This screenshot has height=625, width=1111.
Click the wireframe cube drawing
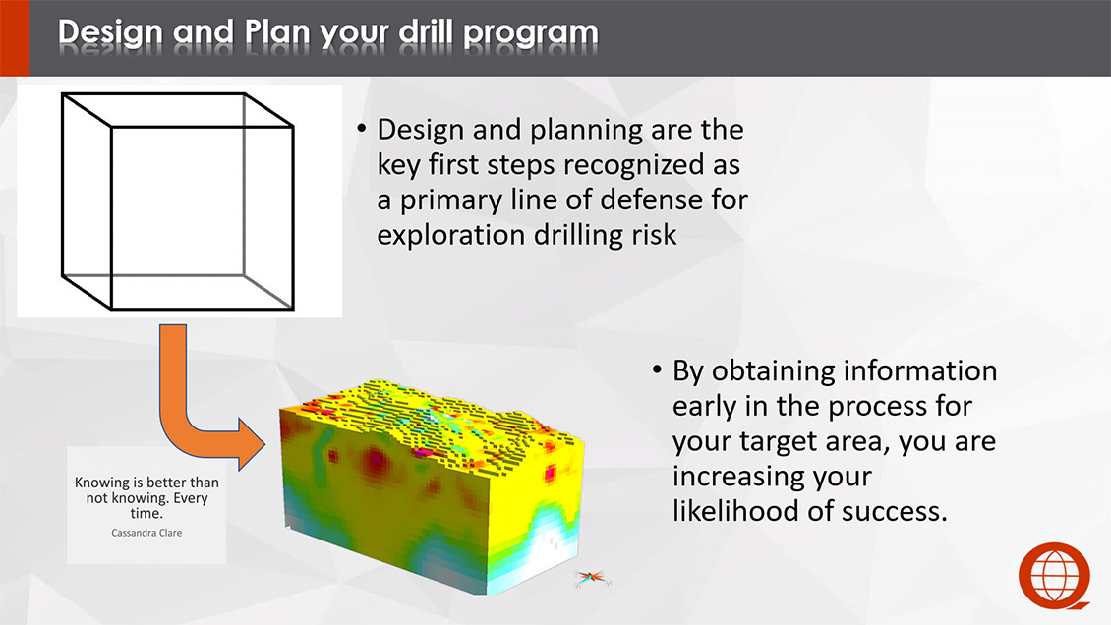click(177, 201)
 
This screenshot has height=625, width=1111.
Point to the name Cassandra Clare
click(146, 533)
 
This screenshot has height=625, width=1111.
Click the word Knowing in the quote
click(100, 483)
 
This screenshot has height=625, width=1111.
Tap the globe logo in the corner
click(1054, 576)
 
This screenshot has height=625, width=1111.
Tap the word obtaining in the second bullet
click(773, 371)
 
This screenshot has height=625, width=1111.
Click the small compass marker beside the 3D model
click(591, 578)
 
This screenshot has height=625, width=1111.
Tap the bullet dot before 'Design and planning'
click(362, 129)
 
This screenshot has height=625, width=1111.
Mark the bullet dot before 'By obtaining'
click(657, 369)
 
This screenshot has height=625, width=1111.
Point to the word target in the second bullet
click(775, 441)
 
